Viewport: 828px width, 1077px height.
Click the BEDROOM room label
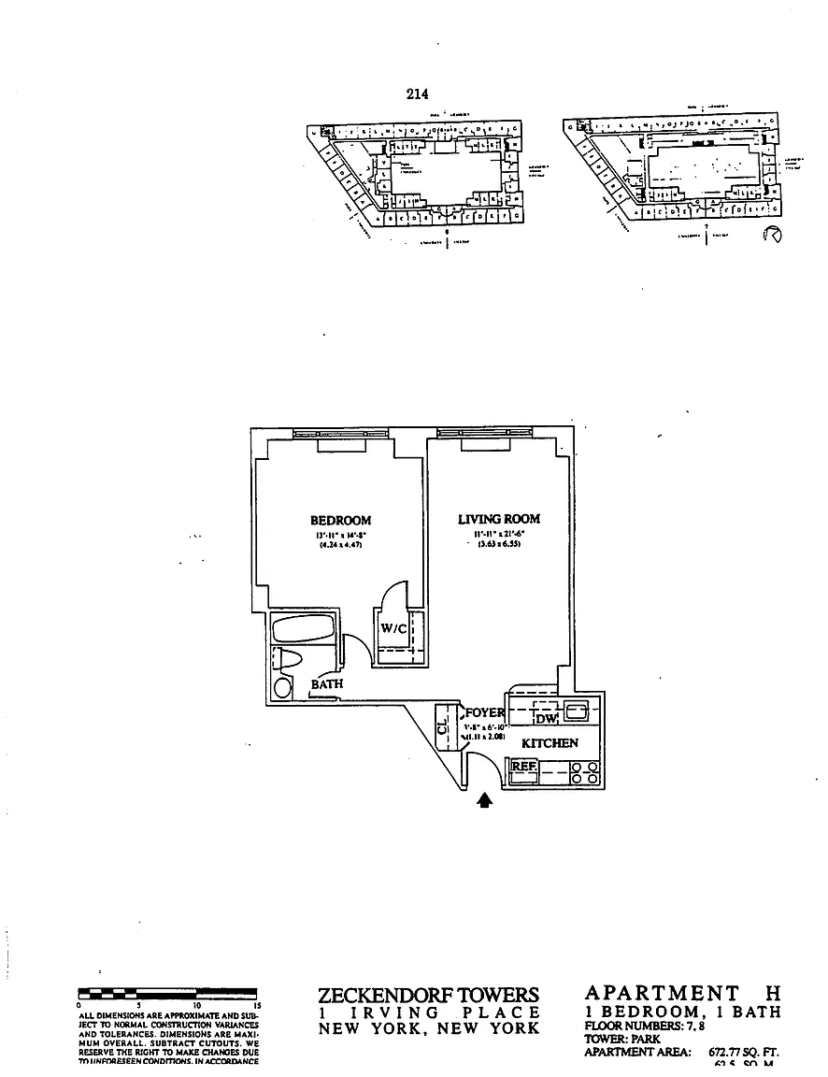[340, 521]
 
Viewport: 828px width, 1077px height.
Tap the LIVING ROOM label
[498, 519]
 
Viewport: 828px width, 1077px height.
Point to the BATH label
[326, 684]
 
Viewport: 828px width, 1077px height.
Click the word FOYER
[484, 712]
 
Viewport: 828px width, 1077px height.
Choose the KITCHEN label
[550, 743]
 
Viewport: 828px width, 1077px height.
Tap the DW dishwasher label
[546, 718]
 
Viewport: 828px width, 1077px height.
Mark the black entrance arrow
[484, 800]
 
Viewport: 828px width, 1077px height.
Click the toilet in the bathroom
[288, 658]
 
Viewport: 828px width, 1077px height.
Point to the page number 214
[417, 93]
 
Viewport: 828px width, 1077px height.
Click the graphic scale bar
[169, 995]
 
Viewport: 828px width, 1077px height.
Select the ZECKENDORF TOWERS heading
[429, 996]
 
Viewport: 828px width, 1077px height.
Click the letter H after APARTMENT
[772, 993]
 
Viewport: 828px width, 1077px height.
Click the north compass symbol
[772, 235]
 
